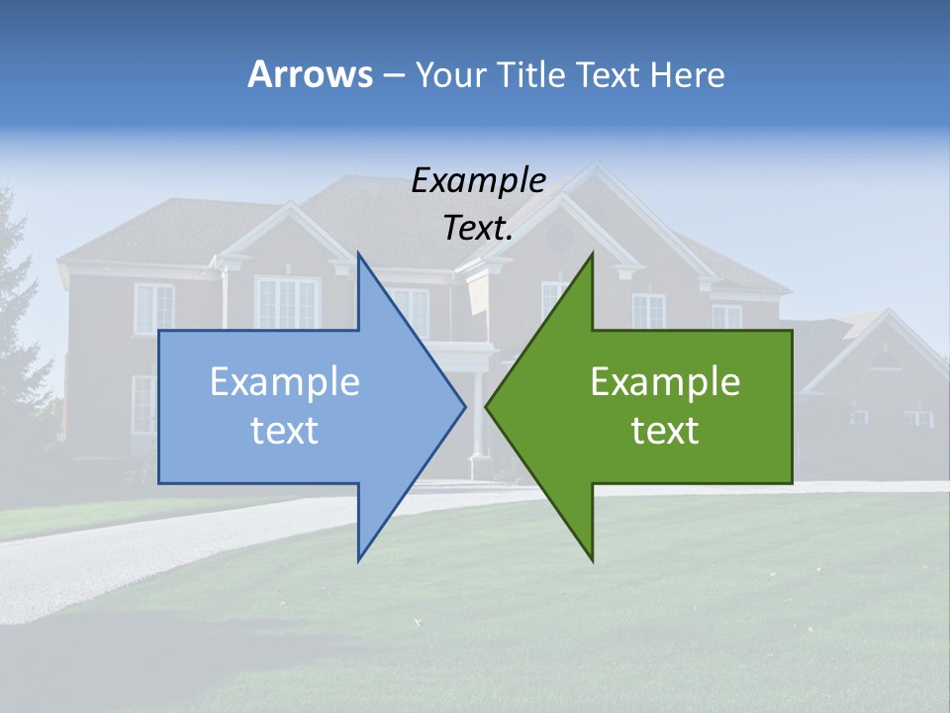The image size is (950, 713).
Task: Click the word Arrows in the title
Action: (310, 74)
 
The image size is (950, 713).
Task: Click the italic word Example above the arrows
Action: (479, 181)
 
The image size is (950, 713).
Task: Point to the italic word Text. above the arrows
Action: (479, 229)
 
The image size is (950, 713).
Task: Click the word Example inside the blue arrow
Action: (285, 382)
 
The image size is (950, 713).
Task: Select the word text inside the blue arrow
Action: (285, 431)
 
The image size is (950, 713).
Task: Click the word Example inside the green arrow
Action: (665, 382)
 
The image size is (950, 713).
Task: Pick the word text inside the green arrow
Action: (665, 431)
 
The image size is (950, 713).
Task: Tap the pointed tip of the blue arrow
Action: (464, 406)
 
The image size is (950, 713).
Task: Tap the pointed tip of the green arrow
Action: (487, 406)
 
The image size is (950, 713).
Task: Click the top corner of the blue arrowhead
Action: (358, 255)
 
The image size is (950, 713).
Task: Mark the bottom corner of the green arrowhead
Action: (593, 560)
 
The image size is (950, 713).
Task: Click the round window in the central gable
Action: (560, 238)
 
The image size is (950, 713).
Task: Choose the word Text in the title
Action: (610, 74)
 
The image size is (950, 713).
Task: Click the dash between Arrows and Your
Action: (393, 75)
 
